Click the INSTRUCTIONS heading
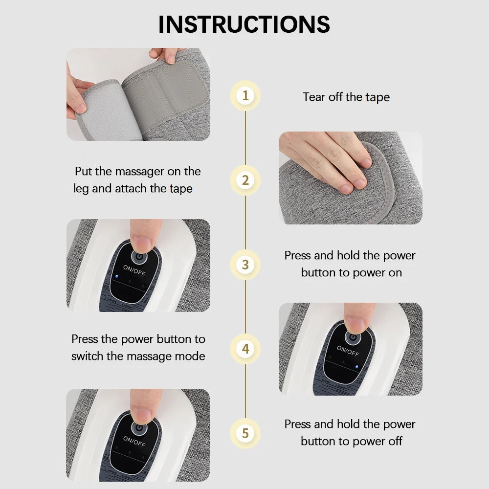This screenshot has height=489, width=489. click(244, 24)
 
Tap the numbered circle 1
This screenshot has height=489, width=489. click(245, 95)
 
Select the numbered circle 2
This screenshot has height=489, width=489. click(245, 180)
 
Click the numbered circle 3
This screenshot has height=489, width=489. click(245, 265)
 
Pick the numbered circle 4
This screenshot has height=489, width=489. click(245, 349)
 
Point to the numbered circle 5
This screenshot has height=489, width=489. click(245, 433)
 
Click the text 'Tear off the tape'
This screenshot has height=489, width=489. click(346, 97)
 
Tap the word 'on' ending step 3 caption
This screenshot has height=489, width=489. click(395, 272)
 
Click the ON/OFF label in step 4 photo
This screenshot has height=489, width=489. click(348, 352)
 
